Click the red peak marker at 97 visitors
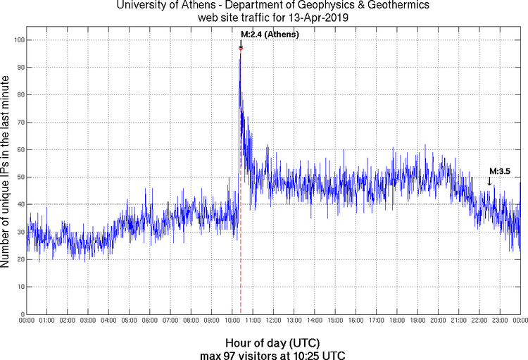point(241,48)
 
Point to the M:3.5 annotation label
point(499,171)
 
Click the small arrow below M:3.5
point(490,182)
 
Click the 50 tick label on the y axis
point(19,177)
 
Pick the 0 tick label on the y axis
point(21,314)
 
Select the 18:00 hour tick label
point(397,321)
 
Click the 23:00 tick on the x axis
point(500,321)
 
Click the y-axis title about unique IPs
point(6,173)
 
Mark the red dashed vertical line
point(241,268)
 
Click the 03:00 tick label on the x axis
point(89,321)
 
